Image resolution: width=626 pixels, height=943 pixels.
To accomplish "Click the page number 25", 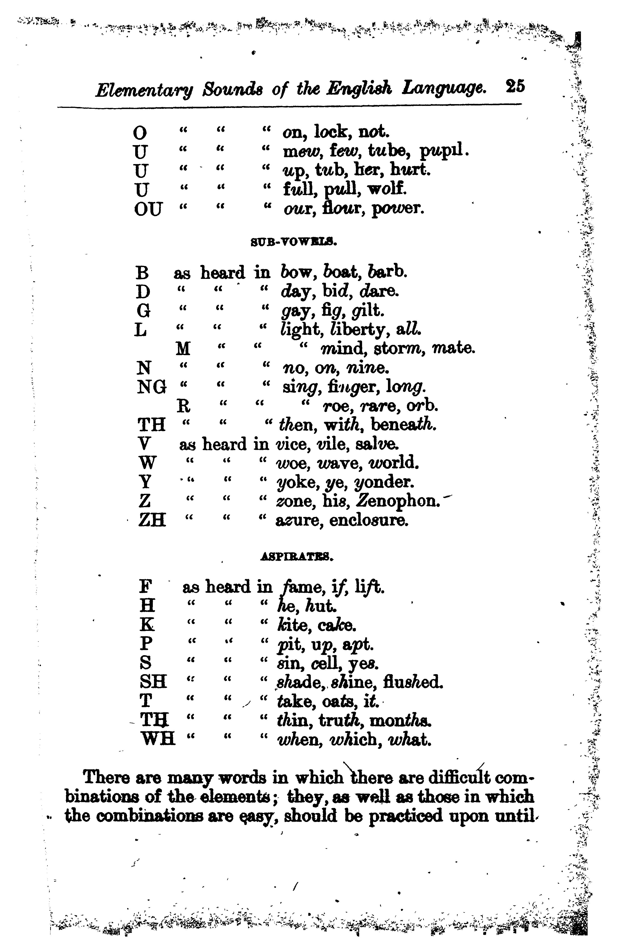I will [515, 87].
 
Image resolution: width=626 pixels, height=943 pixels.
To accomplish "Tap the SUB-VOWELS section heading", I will [294, 242].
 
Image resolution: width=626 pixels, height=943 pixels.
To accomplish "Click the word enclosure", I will [369, 520].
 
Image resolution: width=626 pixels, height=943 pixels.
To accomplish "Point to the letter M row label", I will [183, 349].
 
